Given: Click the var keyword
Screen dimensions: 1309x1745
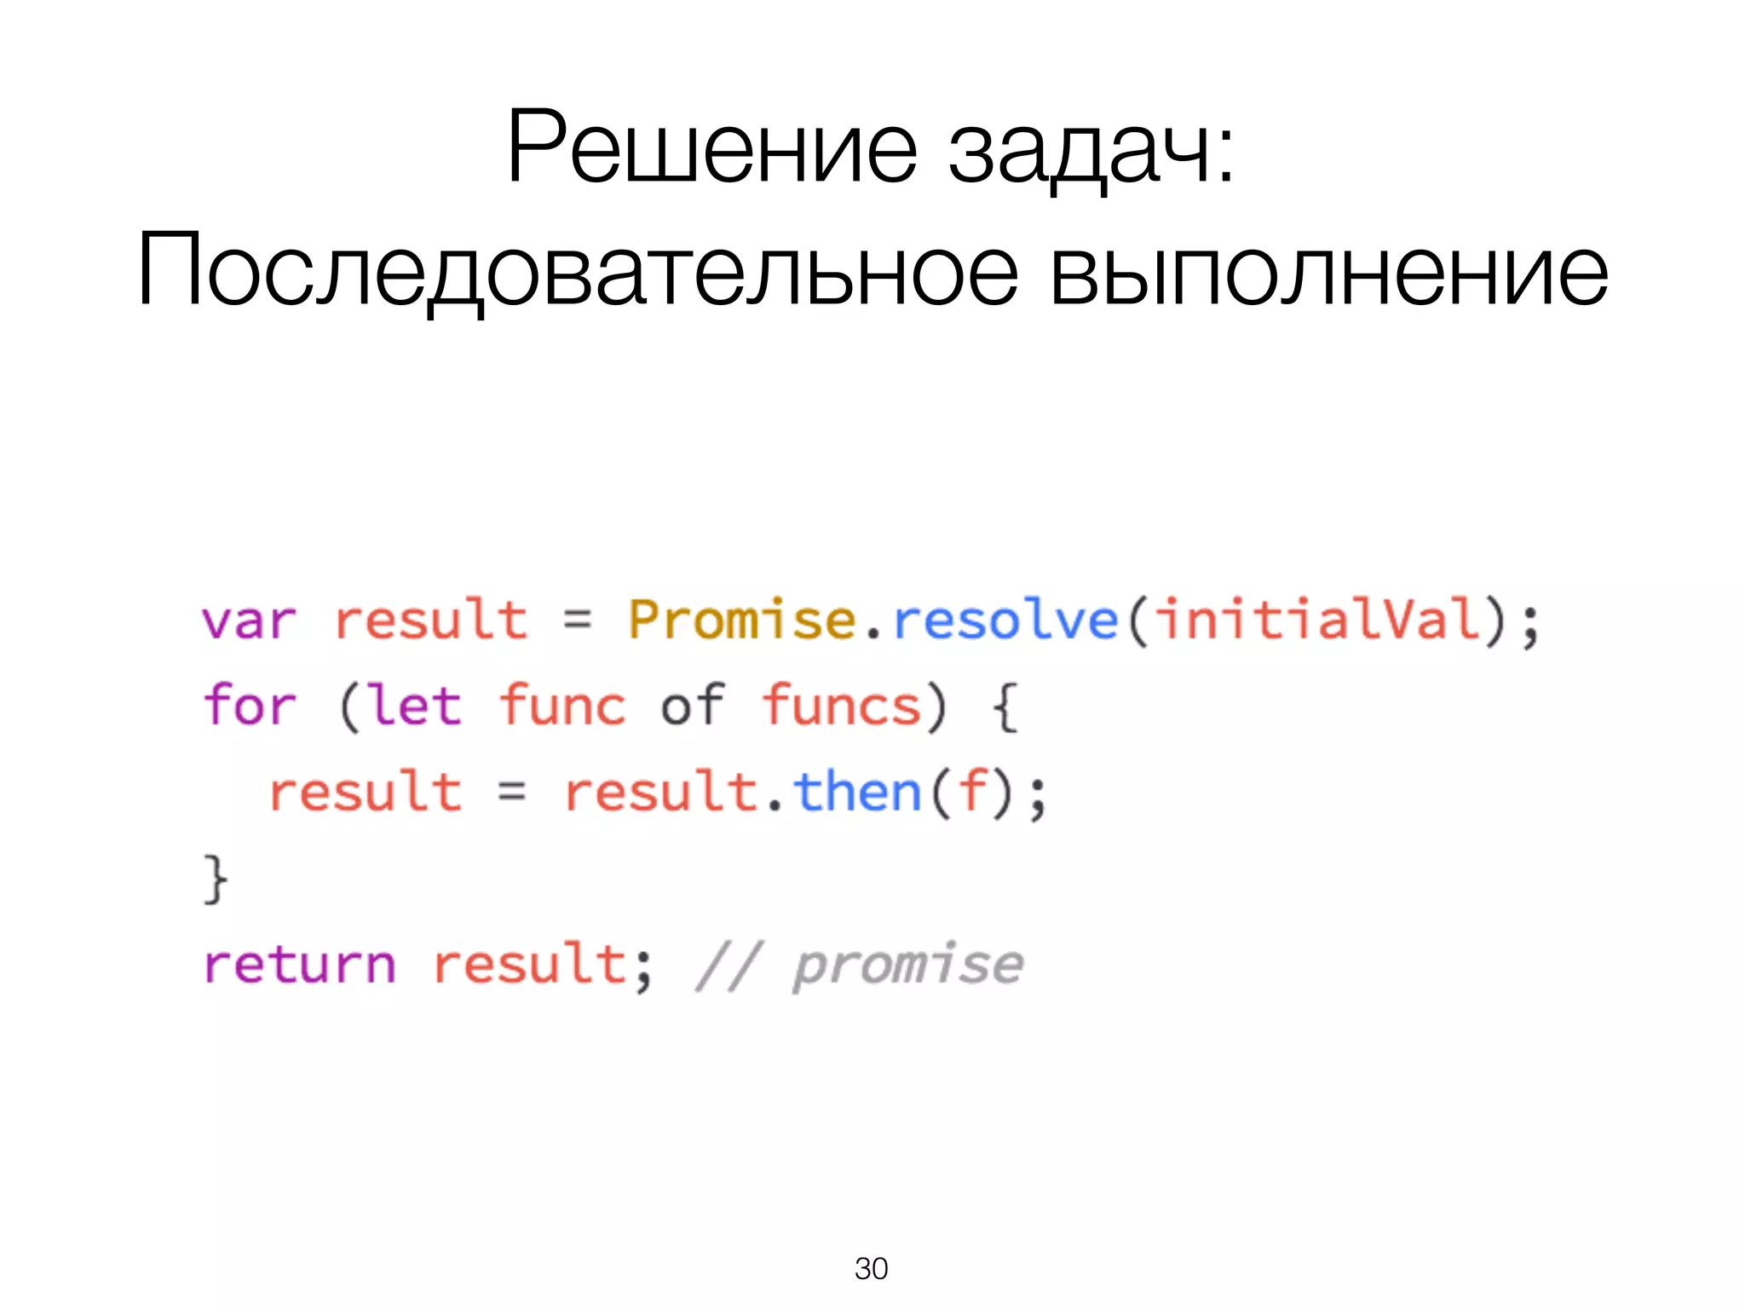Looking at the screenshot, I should [x=249, y=621].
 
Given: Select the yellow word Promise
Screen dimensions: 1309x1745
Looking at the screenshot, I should [x=741, y=620].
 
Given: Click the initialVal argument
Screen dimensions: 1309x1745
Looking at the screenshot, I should [x=1319, y=620].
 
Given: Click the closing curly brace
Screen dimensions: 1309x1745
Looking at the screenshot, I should [x=216, y=879].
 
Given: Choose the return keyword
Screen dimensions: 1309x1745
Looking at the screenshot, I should [x=300, y=965].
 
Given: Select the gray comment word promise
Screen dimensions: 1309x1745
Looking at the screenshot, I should [x=908, y=966].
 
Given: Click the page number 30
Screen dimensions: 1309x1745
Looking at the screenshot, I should [x=871, y=1269].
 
